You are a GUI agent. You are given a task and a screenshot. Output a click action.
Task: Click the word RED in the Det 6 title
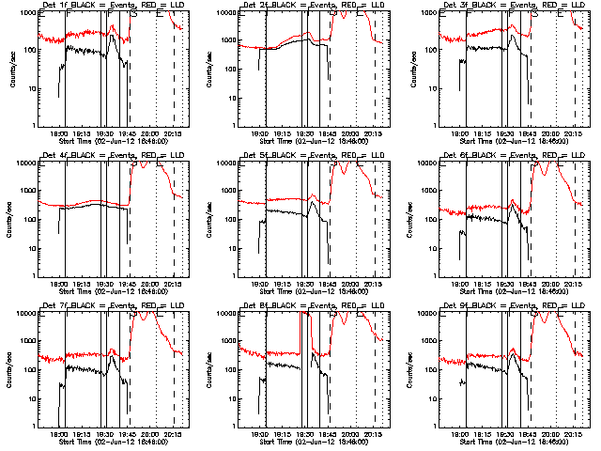[551, 155]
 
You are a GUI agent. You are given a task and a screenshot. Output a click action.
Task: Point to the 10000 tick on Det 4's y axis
[26, 163]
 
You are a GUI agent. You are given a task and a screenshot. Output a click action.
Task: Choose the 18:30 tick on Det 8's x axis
[305, 433]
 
